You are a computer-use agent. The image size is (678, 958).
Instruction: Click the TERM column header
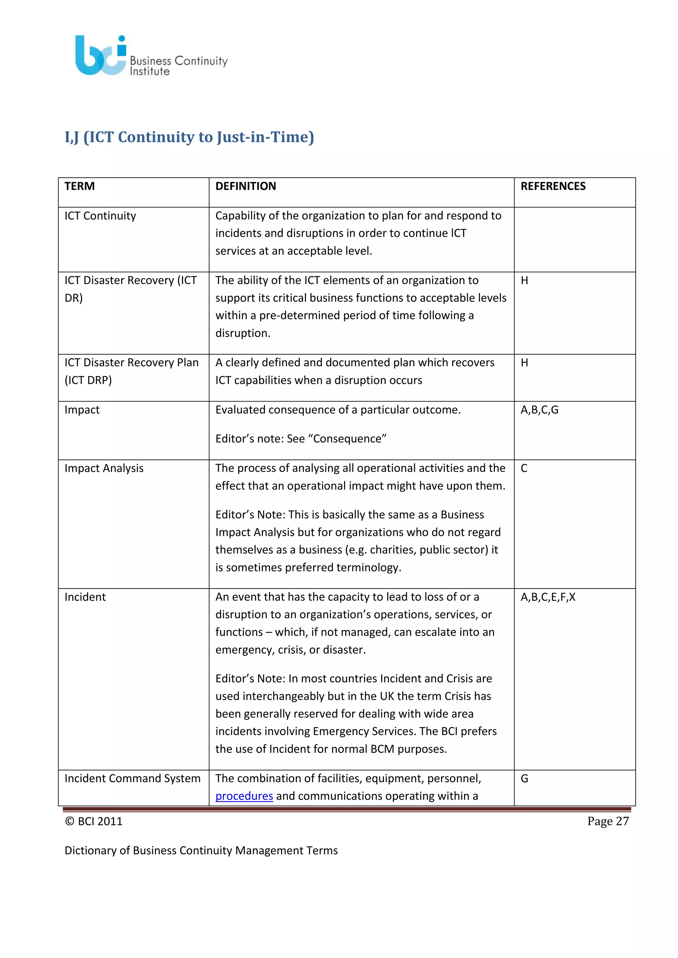[x=79, y=186]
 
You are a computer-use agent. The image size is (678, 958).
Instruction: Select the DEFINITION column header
[x=246, y=186]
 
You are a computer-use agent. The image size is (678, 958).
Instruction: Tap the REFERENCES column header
[x=553, y=186]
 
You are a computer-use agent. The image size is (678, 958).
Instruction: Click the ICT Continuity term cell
[x=100, y=216]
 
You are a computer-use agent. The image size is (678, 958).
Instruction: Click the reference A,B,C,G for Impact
[x=539, y=410]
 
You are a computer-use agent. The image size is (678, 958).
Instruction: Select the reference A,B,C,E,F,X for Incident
[x=548, y=597]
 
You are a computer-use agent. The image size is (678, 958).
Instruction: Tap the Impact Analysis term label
[x=104, y=468]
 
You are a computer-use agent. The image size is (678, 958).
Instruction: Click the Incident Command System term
[x=132, y=779]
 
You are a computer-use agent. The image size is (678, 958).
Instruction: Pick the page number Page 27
[x=607, y=821]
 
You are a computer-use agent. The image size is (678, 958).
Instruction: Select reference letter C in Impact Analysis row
[x=524, y=468]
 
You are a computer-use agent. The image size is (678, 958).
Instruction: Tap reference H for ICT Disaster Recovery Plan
[x=524, y=363]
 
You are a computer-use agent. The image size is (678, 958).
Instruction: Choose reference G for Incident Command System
[x=524, y=779]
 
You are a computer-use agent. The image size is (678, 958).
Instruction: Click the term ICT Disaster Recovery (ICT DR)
[x=130, y=289]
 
